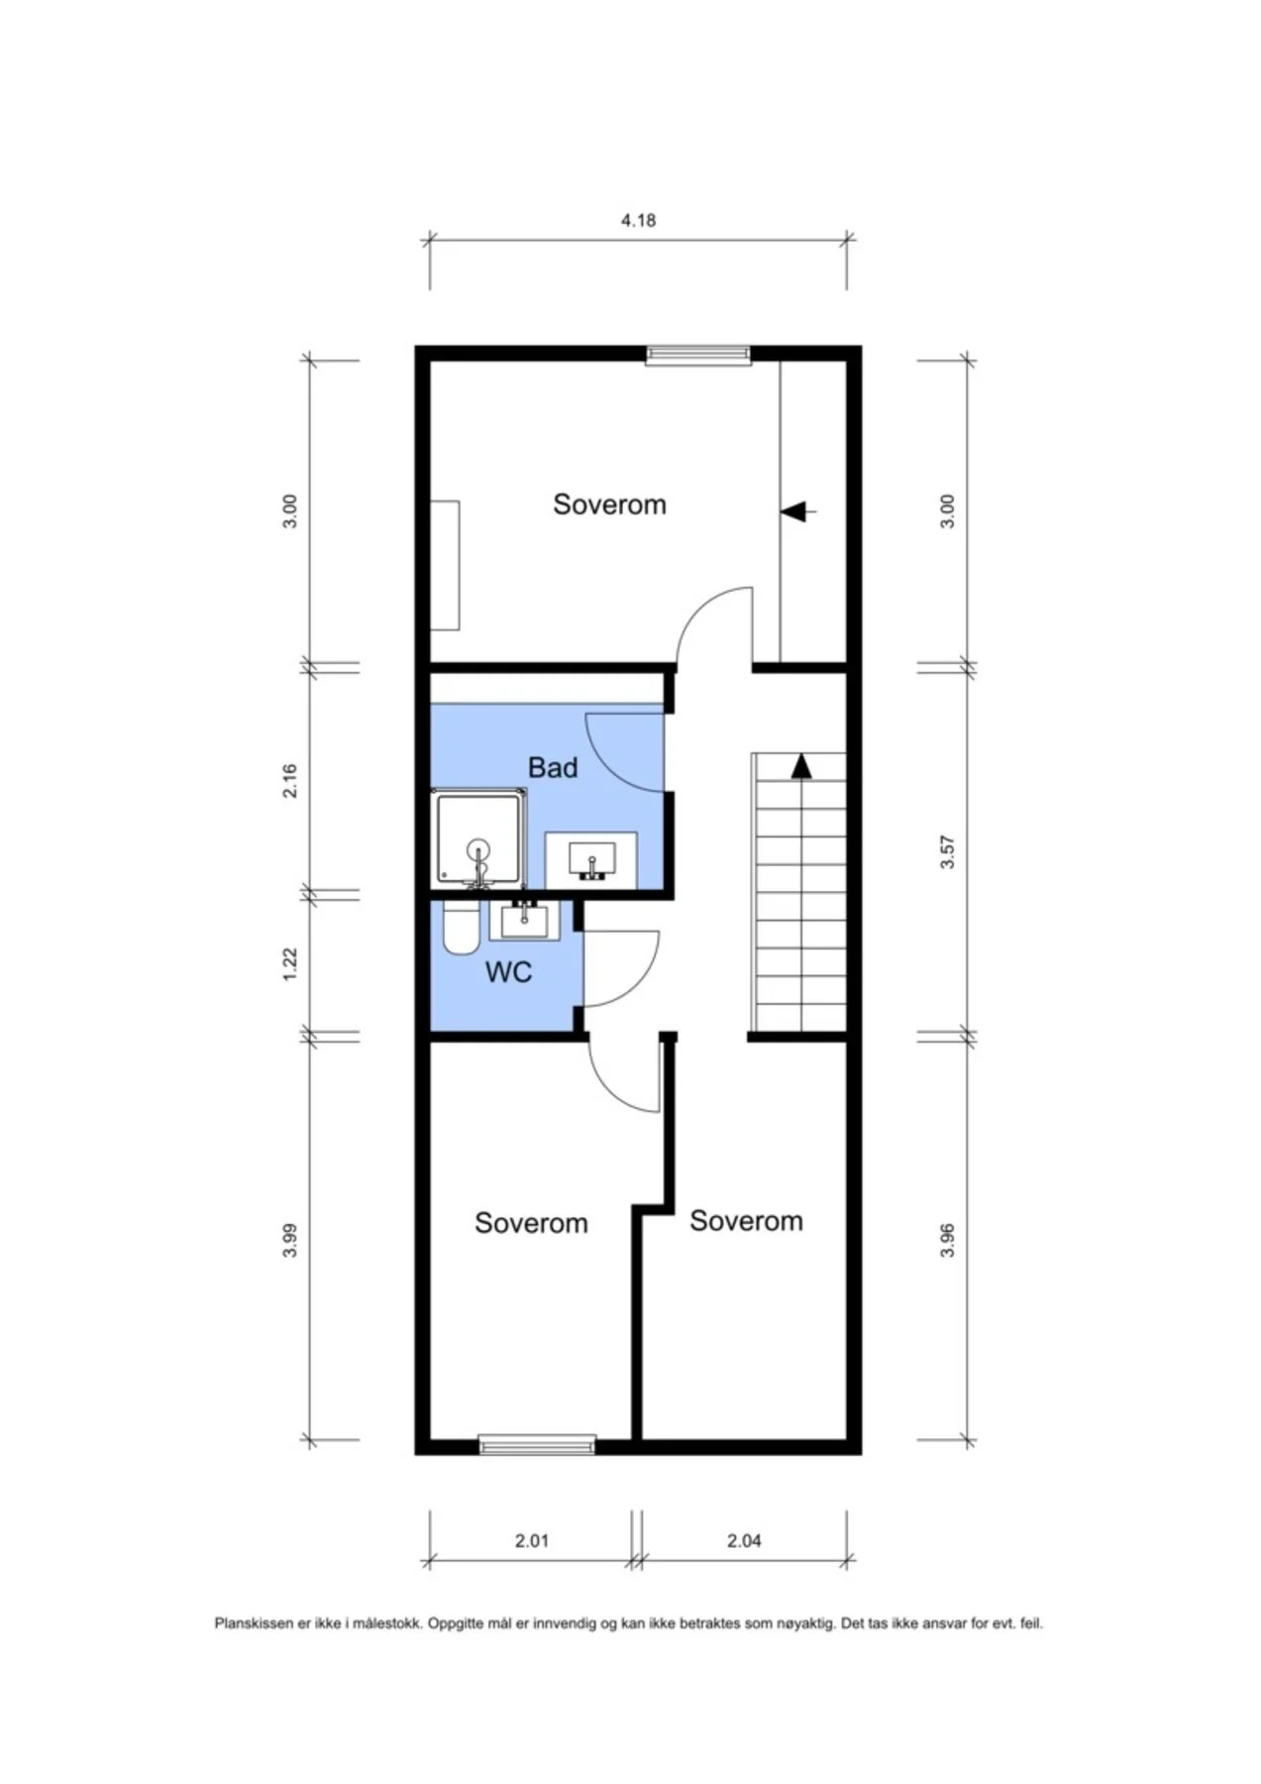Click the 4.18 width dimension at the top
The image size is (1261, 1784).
click(638, 220)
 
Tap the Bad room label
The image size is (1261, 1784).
click(553, 767)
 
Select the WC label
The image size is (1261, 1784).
click(508, 972)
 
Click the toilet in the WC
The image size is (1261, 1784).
click(460, 928)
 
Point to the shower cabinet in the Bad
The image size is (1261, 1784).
click(479, 838)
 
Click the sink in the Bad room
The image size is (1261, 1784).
click(591, 860)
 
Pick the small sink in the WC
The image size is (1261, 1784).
click(524, 921)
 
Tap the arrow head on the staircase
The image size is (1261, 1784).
click(800, 766)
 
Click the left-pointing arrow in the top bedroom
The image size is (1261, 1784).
click(797, 511)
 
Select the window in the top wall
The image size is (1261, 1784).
click(697, 355)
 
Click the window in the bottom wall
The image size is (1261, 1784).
click(537, 1445)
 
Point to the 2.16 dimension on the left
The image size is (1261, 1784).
click(289, 781)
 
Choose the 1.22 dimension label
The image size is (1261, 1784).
click(289, 964)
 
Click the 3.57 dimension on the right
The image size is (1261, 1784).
click(947, 852)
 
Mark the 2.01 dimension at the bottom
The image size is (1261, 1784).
click(532, 1540)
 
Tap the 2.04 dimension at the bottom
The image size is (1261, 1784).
click(744, 1540)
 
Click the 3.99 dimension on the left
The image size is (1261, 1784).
click(289, 1241)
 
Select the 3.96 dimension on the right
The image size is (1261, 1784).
click(947, 1240)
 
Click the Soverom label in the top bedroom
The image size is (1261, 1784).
click(609, 504)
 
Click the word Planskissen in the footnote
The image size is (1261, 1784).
click(255, 1623)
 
